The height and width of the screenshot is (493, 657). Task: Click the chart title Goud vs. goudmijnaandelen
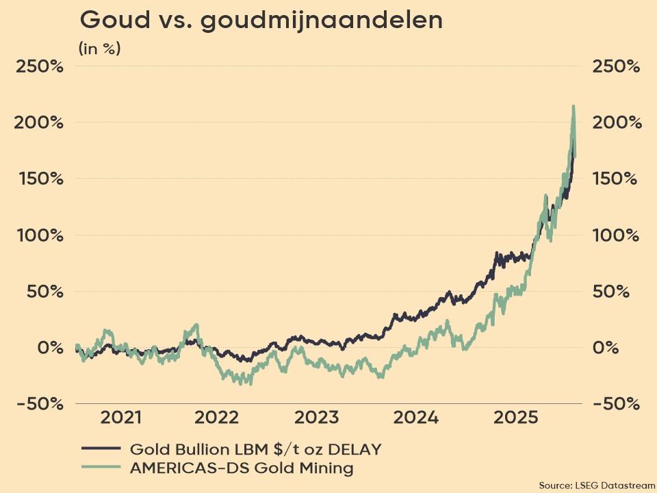261,21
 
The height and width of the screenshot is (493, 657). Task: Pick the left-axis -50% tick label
37,403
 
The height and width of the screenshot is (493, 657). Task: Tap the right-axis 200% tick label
617,123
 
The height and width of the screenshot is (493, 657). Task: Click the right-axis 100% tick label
617,235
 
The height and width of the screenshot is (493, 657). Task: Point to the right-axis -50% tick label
616,403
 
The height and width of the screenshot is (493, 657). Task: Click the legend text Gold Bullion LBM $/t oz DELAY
255,449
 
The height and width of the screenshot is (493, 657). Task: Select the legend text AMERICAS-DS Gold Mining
241,468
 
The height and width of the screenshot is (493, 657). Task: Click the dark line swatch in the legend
101,449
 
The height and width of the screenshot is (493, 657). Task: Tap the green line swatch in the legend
101,468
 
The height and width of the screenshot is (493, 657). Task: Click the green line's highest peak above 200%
573,107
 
